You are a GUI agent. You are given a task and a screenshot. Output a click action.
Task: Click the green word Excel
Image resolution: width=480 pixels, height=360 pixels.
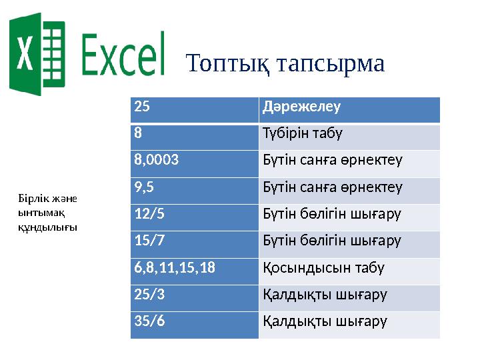pos(123,55)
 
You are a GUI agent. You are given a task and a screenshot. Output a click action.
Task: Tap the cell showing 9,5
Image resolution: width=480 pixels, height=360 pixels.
pos(194,188)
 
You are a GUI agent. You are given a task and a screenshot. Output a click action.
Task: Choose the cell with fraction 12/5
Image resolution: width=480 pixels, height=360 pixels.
pos(194,215)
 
